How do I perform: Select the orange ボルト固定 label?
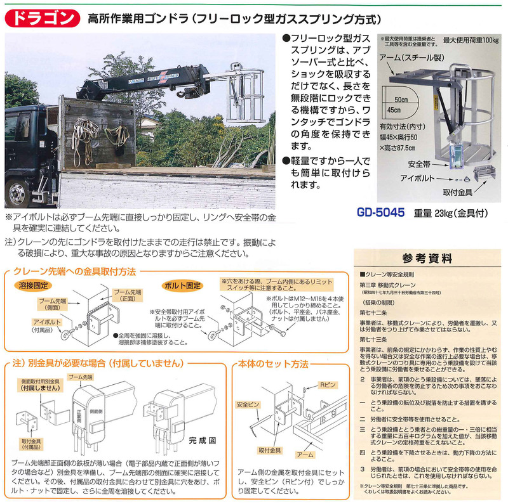(182, 285)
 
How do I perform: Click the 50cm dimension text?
(400, 100)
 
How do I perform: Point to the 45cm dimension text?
(400, 112)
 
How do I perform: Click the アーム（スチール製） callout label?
(409, 57)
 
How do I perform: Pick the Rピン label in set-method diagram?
(330, 384)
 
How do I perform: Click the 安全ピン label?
(246, 404)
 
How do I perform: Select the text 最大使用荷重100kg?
(471, 40)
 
